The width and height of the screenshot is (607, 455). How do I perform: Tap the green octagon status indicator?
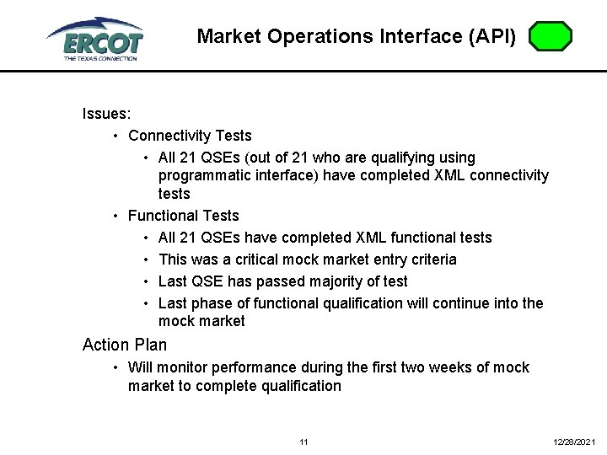[x=551, y=37]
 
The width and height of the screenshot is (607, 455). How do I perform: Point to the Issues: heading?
[x=105, y=114]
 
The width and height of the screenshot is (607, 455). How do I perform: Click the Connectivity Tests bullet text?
[x=190, y=136]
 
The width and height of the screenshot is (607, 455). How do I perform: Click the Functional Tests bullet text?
[x=183, y=216]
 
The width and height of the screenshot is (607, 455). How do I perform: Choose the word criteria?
[x=430, y=260]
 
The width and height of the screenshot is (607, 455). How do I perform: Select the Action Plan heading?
[x=125, y=345]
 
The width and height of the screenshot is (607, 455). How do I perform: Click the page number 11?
[x=303, y=442]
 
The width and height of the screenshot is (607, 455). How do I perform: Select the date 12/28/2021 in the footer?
[x=574, y=442]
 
